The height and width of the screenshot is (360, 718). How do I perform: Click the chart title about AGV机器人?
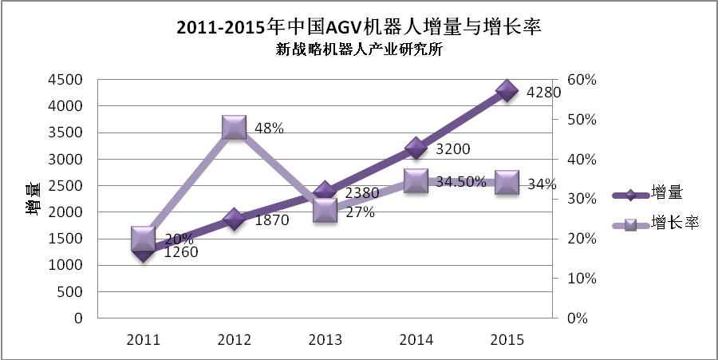click(358, 26)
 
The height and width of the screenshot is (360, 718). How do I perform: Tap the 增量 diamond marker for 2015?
click(506, 90)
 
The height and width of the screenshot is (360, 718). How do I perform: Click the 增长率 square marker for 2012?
click(234, 126)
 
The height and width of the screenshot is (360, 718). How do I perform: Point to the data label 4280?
click(544, 92)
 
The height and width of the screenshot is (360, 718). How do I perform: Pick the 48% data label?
click(269, 127)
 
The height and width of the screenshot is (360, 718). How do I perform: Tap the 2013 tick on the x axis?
click(325, 339)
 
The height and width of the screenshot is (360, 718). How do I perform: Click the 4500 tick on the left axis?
click(67, 79)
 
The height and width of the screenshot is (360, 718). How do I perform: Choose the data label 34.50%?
click(460, 181)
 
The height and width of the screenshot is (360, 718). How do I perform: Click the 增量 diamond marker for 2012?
click(234, 220)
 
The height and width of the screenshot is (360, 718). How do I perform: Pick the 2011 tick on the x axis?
click(143, 339)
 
